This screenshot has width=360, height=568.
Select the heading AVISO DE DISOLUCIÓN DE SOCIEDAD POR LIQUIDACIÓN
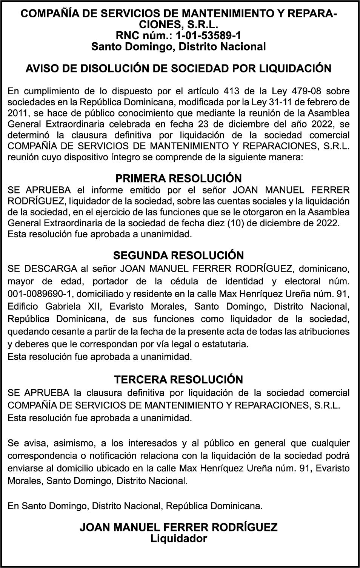(x=178, y=69)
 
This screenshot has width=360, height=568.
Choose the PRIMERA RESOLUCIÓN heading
(x=178, y=178)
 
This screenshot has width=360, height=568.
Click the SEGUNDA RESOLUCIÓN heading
(x=178, y=255)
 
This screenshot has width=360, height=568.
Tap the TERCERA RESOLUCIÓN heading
(x=178, y=379)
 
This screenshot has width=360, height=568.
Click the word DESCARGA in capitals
(x=51, y=269)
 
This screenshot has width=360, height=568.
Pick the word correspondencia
(x=41, y=456)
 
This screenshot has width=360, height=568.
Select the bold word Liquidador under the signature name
(x=178, y=539)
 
